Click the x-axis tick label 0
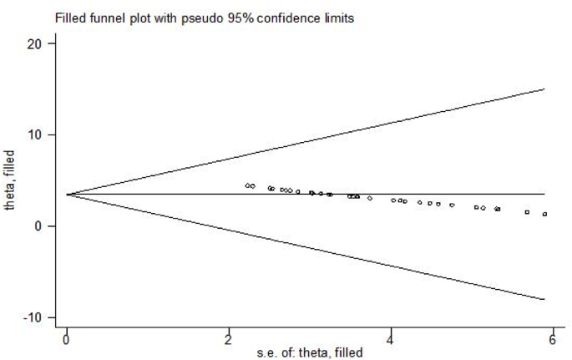pyautogui.click(x=67, y=338)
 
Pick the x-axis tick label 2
pyautogui.click(x=229, y=338)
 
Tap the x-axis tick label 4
pyautogui.click(x=391, y=338)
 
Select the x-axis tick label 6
pyautogui.click(x=553, y=338)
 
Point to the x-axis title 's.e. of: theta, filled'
pyautogui.click(x=309, y=353)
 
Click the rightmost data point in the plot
pyautogui.click(x=544, y=214)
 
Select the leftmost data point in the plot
pyautogui.click(x=247, y=185)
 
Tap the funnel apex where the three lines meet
pyautogui.click(x=67, y=195)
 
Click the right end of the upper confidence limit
pyautogui.click(x=544, y=89)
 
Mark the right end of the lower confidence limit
pyautogui.click(x=544, y=299)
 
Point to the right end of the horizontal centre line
pyautogui.click(x=544, y=194)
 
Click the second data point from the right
pyautogui.click(x=527, y=212)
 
